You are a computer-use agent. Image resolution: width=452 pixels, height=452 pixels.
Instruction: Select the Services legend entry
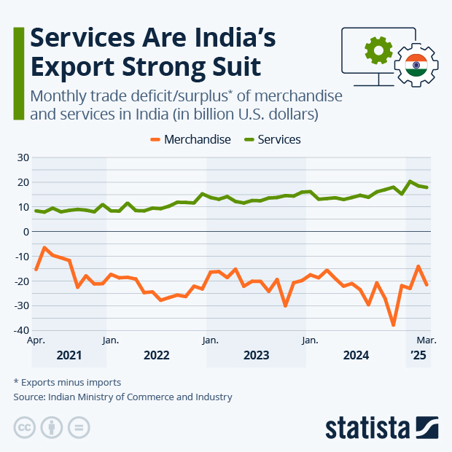(274, 139)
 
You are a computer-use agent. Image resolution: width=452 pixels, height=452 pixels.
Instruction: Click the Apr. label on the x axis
(36, 340)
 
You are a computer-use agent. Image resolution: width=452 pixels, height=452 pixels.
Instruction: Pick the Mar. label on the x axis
(426, 340)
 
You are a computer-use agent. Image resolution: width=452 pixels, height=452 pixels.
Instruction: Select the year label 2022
(157, 356)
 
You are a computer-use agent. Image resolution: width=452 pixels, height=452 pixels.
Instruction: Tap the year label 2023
(257, 356)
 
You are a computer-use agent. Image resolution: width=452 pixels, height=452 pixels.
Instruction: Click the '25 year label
(418, 356)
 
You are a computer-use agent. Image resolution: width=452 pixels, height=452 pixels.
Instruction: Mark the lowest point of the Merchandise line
(394, 324)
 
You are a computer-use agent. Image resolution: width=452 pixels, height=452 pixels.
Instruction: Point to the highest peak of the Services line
(410, 182)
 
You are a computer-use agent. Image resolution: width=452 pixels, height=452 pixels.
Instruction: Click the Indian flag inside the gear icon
(416, 66)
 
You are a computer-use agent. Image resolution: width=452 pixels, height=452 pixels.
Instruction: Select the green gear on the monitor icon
(378, 50)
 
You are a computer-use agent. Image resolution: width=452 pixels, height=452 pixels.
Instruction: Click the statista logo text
(368, 426)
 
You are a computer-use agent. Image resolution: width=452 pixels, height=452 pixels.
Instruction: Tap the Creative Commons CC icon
(25, 427)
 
